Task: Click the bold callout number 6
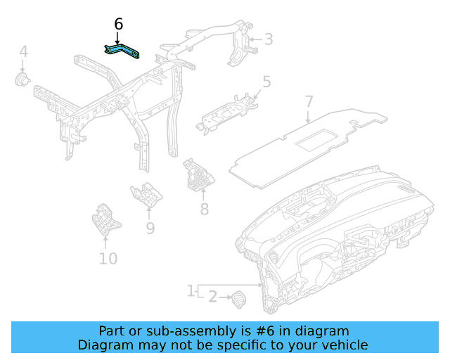[x=118, y=25]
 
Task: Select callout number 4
[x=23, y=51]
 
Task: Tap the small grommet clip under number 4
[x=23, y=79]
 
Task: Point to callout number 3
[x=268, y=39]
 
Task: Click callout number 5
[x=266, y=82]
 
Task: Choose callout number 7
[x=309, y=102]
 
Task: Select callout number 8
[x=205, y=209]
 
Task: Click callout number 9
[x=150, y=227]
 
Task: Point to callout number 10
[x=108, y=259]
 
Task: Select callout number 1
[x=191, y=290]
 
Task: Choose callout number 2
[x=213, y=297]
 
